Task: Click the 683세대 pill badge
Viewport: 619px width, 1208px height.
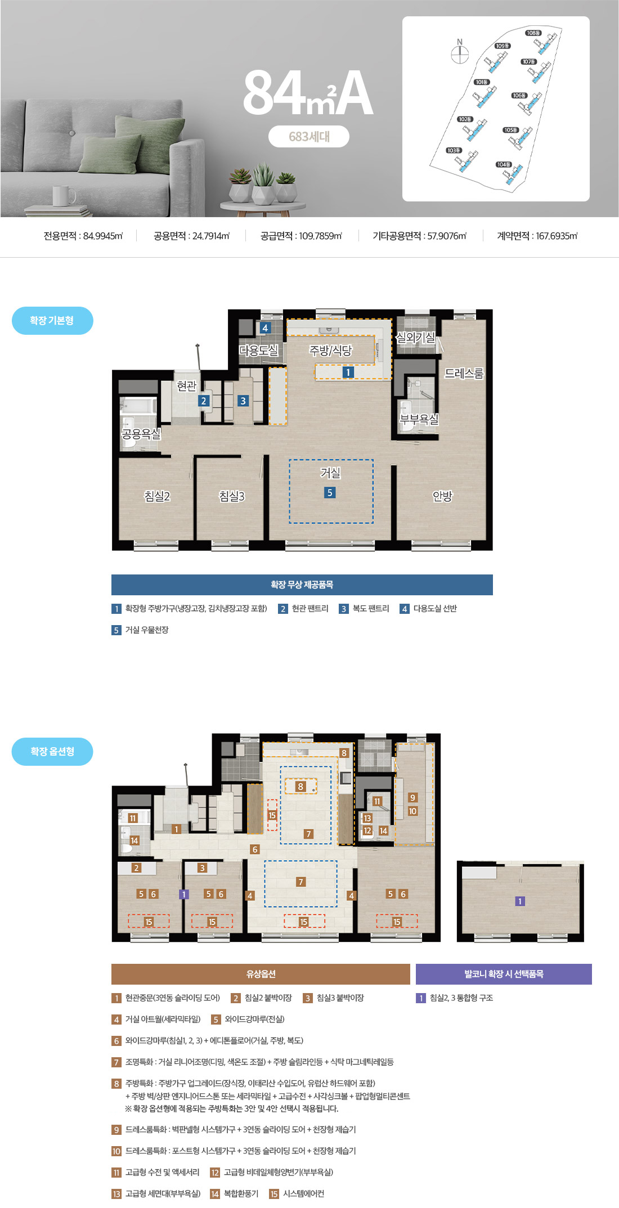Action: pos(309,136)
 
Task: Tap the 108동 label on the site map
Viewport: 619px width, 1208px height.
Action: pos(533,33)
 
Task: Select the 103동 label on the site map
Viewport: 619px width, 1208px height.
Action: pos(454,150)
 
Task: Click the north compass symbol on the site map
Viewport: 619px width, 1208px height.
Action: pos(460,52)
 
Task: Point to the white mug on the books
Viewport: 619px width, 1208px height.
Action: pos(64,196)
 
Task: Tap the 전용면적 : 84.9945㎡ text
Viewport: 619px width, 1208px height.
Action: pos(83,236)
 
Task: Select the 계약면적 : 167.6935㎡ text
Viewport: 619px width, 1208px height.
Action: pos(537,236)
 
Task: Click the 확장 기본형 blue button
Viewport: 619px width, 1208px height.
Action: pos(52,321)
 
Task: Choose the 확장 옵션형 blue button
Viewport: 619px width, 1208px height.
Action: pos(52,752)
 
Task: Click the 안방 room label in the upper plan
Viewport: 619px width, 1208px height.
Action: pos(442,496)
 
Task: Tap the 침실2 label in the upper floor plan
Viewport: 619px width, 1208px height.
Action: pos(157,496)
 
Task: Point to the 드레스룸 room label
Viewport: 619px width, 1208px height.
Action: pos(464,373)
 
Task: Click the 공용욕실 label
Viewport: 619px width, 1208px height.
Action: pos(141,434)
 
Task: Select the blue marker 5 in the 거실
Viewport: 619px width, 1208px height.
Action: pos(330,492)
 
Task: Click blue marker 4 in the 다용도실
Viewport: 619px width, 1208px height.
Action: pos(265,327)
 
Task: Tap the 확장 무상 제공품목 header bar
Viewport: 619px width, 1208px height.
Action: pos(302,585)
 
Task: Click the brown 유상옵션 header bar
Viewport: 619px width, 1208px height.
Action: pos(261,974)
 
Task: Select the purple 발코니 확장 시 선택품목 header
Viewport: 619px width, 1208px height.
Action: pos(504,974)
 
